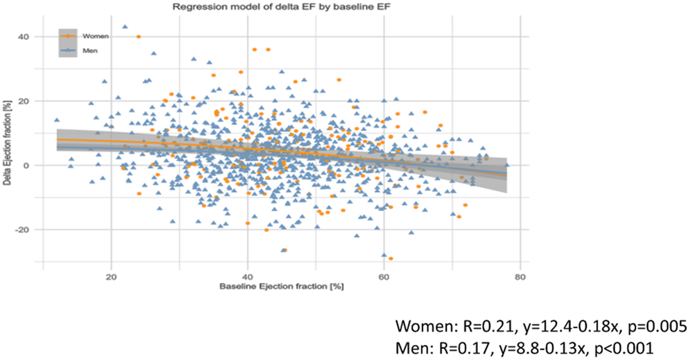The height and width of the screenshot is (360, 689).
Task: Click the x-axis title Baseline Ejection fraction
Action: pos(281,286)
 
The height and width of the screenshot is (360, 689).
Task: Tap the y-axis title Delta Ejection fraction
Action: pos(7,153)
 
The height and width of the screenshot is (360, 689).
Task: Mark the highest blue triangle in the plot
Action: pos(125,27)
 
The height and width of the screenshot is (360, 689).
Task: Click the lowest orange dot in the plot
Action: pos(390,258)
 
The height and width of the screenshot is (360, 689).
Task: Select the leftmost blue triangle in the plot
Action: pos(57,120)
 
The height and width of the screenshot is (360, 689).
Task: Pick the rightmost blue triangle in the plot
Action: pos(507,165)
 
